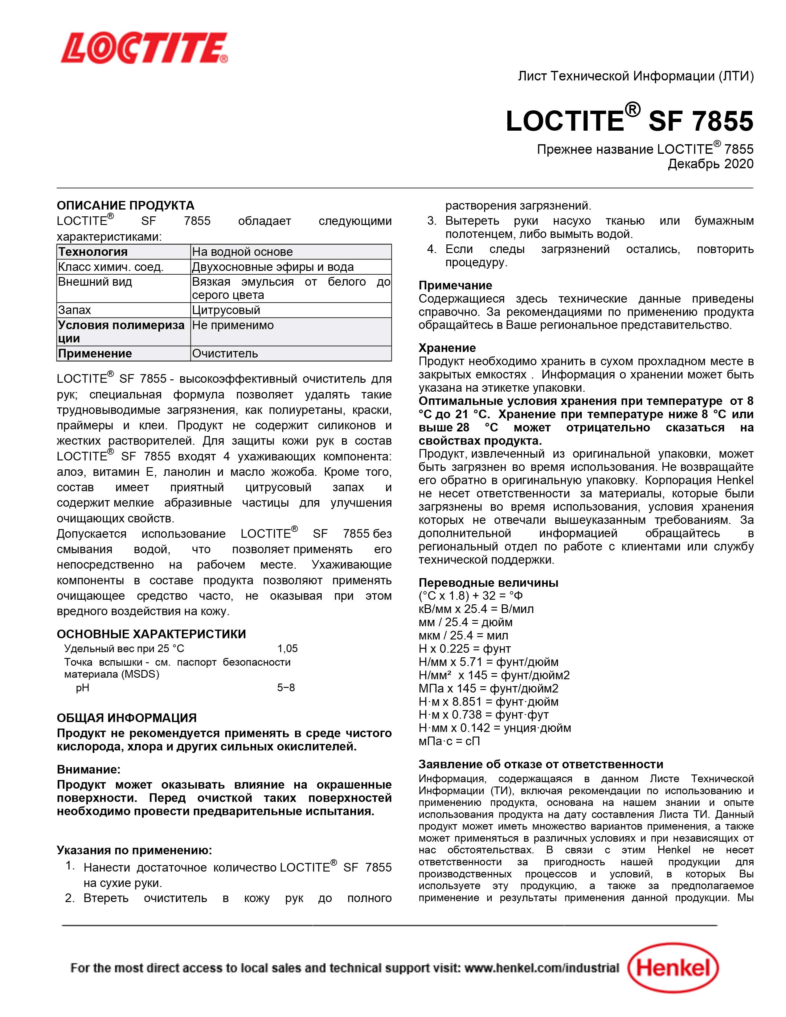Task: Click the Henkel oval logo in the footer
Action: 673,968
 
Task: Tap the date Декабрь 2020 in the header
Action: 710,164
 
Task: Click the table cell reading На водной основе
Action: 243,252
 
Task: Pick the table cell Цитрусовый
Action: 226,310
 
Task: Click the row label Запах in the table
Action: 75,310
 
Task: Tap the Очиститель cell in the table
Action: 225,353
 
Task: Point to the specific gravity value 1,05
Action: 287,648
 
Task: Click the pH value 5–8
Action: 286,687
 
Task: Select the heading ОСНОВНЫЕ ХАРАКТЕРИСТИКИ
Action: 151,634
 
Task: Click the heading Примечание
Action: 455,285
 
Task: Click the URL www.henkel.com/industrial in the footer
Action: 542,968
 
